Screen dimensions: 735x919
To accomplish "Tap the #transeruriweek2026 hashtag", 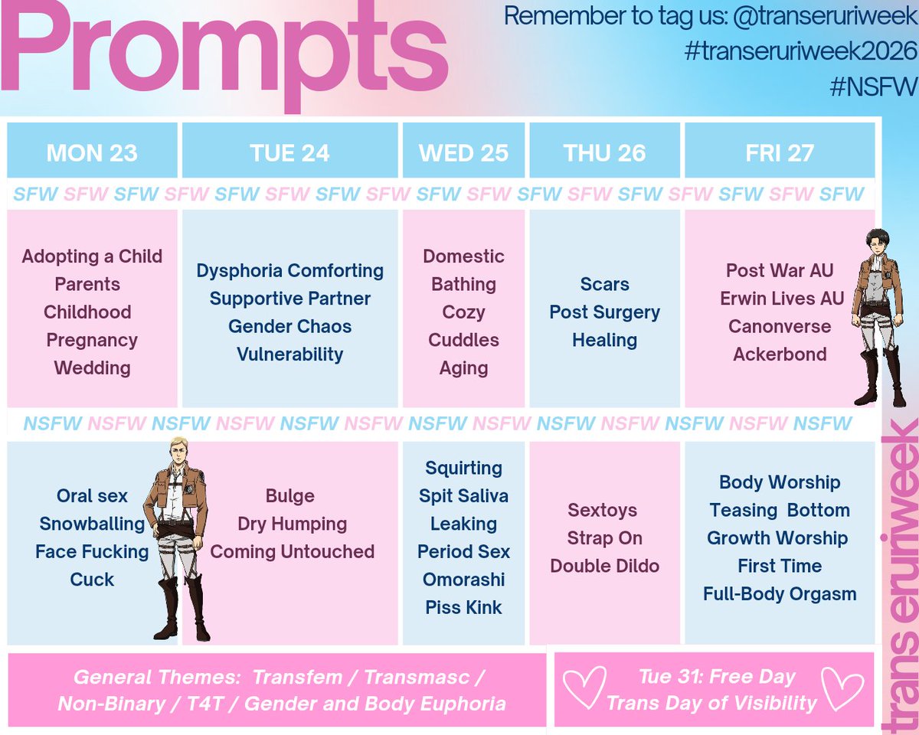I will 800,51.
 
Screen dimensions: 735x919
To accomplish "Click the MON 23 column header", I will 92,152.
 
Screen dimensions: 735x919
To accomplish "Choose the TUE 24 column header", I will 289,152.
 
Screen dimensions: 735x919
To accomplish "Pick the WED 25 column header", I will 463,152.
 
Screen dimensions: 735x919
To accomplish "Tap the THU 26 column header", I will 604,152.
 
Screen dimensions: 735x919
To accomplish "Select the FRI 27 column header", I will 780,152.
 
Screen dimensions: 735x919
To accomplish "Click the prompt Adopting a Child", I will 92,256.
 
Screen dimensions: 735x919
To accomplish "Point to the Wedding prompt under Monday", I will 92,368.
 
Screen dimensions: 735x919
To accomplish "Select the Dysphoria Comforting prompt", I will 290,271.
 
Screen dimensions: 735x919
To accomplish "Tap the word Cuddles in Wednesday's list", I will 463,340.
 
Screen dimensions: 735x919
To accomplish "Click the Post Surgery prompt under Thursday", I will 604,312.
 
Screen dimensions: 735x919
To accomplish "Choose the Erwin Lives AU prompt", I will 780,299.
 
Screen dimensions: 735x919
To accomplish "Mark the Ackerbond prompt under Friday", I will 780,354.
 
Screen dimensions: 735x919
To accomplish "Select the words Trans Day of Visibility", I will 711,703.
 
